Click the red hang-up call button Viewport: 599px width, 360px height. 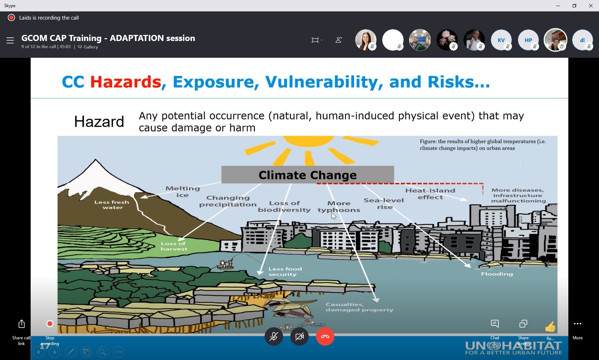coord(325,336)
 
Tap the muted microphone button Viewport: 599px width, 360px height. coord(273,336)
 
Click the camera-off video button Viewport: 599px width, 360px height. coord(299,336)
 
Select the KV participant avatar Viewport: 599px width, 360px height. coord(501,40)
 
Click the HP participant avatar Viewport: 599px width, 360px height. coord(528,40)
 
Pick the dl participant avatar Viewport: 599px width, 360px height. coord(583,40)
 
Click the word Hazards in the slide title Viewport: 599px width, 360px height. coord(126,82)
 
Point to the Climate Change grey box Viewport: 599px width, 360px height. coord(307,175)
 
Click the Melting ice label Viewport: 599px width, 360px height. coord(183,192)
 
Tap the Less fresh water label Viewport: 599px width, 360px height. coord(112,205)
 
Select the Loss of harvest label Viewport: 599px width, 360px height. coord(174,246)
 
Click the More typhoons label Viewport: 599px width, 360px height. coord(339,207)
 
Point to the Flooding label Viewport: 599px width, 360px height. coord(497,274)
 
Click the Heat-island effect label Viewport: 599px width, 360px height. coord(430,194)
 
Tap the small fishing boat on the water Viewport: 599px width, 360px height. coord(225,264)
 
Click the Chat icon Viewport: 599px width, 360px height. coord(495,324)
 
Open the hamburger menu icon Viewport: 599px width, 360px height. coord(10,40)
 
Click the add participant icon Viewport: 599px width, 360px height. coord(339,40)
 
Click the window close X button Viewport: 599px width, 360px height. coord(591,6)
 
